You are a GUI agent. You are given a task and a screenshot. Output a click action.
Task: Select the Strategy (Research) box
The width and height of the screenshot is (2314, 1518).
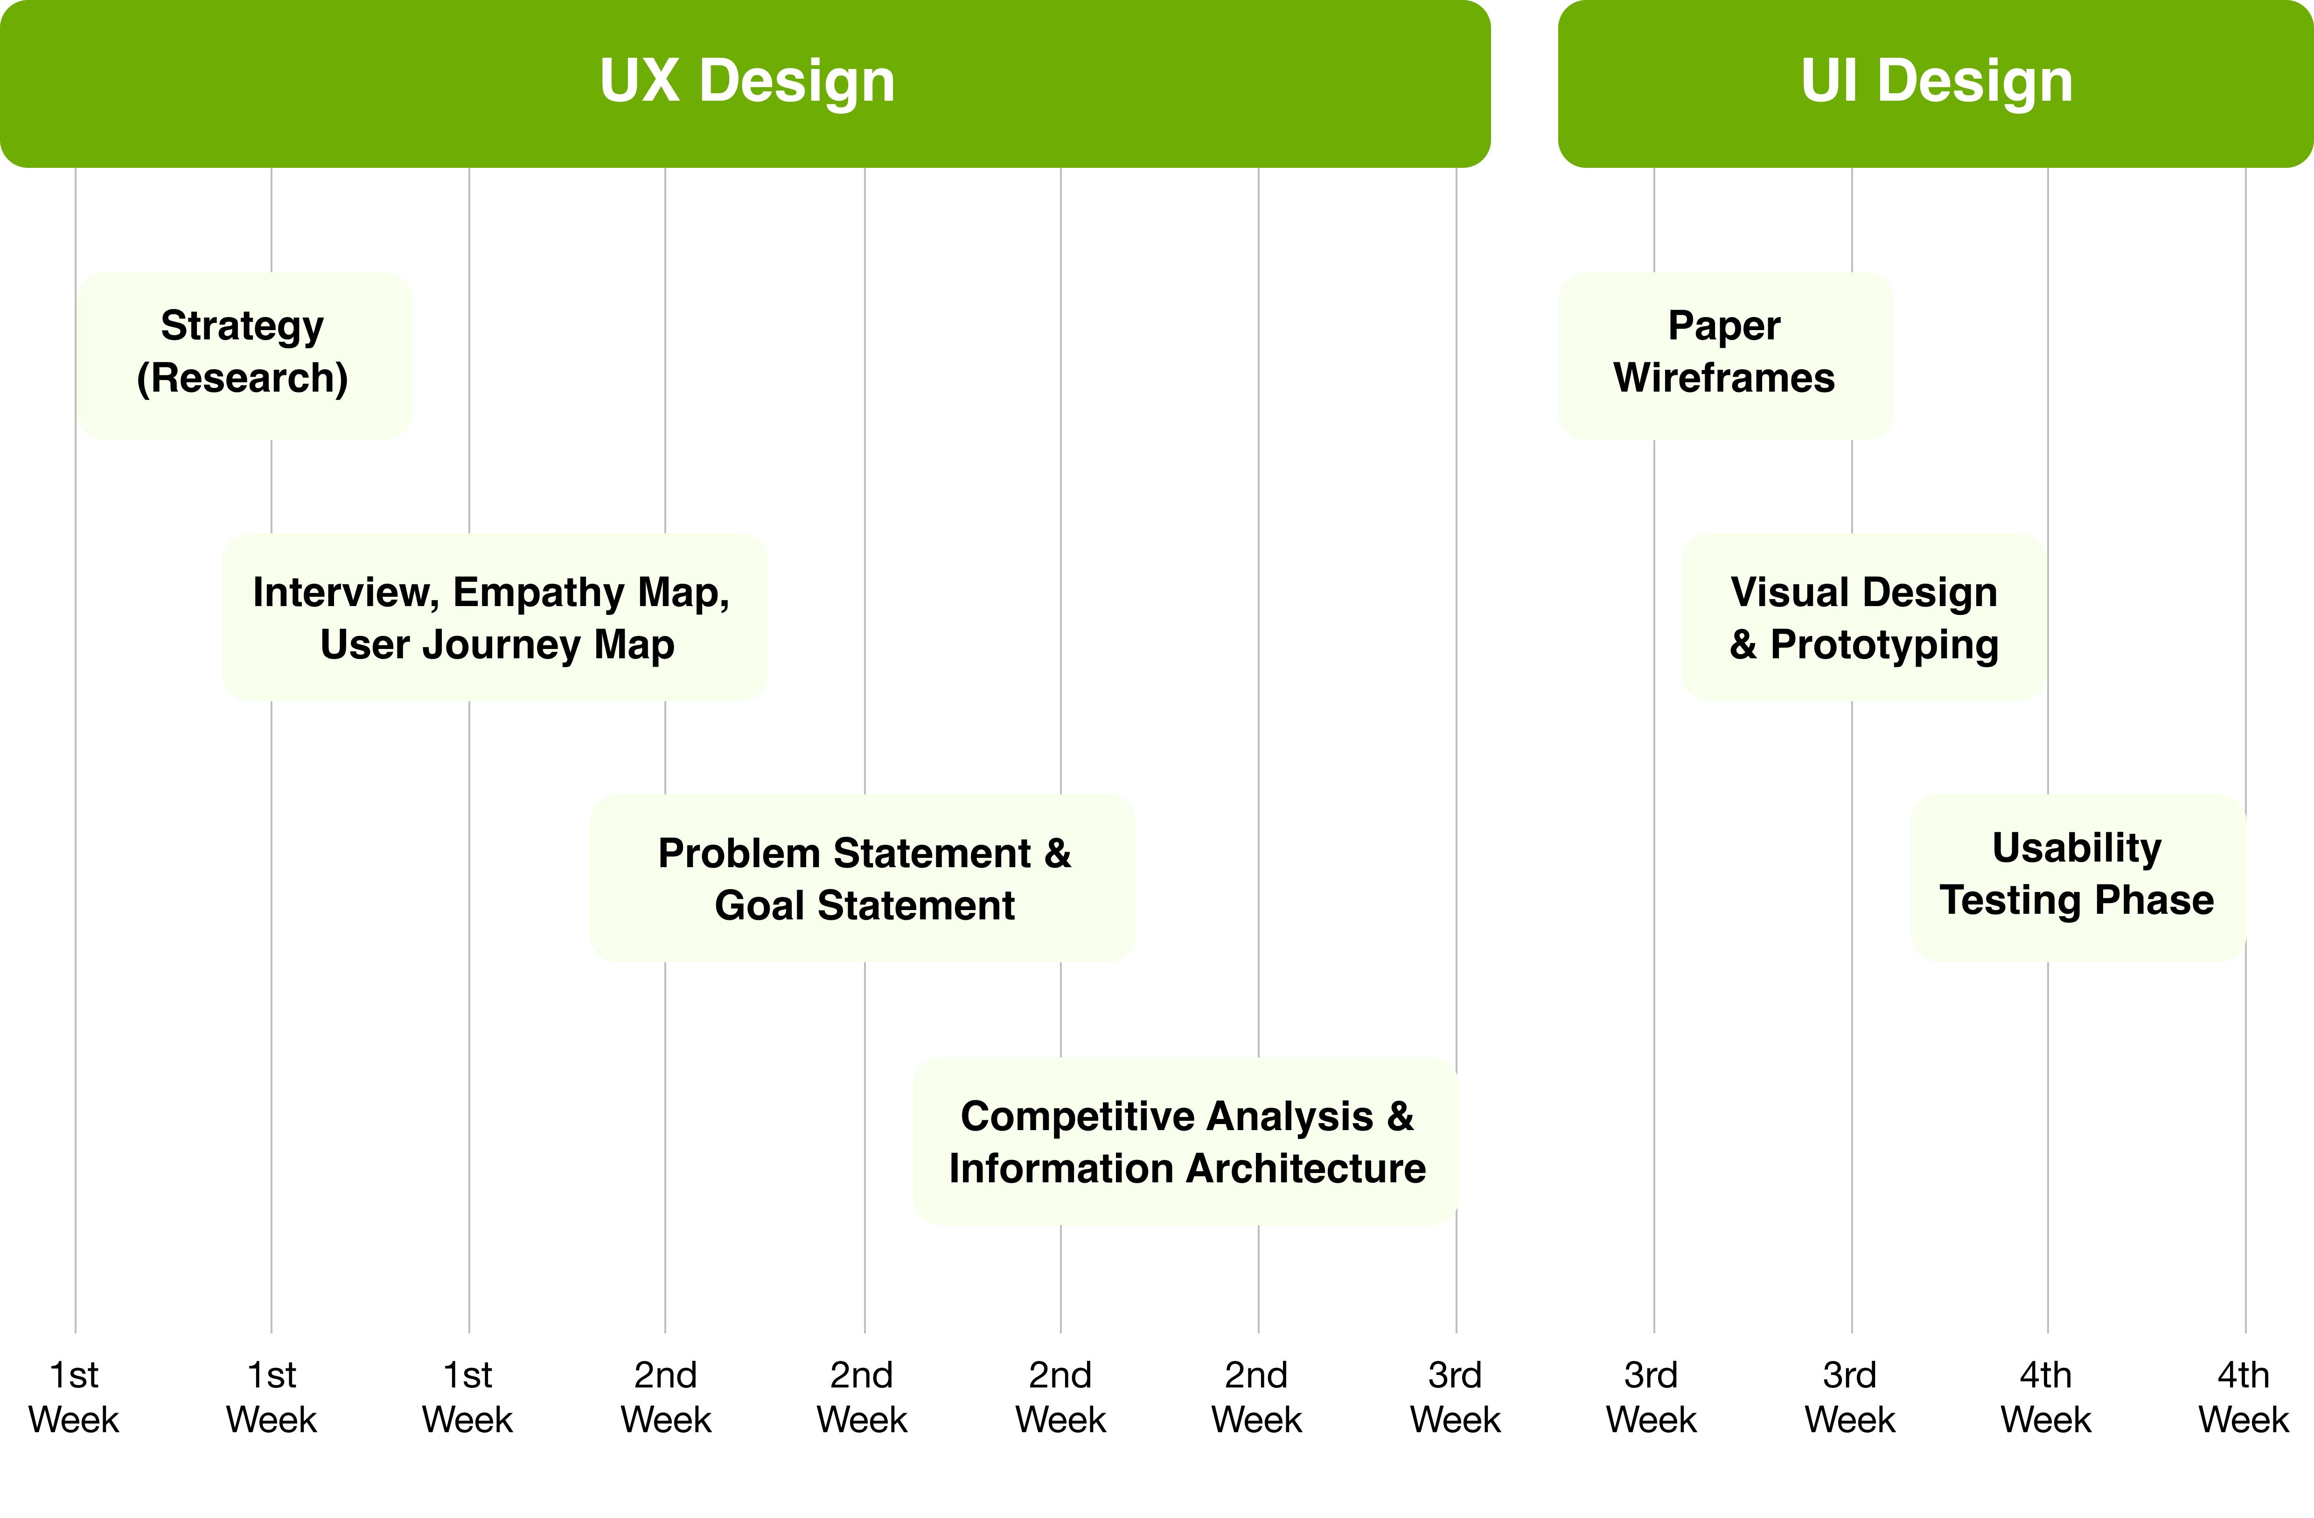[x=244, y=356]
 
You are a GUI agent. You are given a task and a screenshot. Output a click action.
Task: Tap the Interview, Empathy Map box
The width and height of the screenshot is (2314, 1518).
[x=495, y=617]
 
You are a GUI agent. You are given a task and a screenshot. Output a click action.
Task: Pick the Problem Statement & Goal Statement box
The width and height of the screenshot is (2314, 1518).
[x=863, y=878]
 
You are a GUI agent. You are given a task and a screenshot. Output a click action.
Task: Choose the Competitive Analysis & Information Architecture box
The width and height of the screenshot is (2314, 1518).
[x=1185, y=1141]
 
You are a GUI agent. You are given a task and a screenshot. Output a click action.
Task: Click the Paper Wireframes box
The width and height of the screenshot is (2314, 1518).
[x=1725, y=356]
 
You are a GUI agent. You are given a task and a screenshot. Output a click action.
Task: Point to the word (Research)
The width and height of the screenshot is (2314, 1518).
[x=242, y=378]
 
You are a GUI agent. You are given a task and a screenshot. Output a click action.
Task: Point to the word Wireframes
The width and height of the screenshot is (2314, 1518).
[x=1724, y=378]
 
